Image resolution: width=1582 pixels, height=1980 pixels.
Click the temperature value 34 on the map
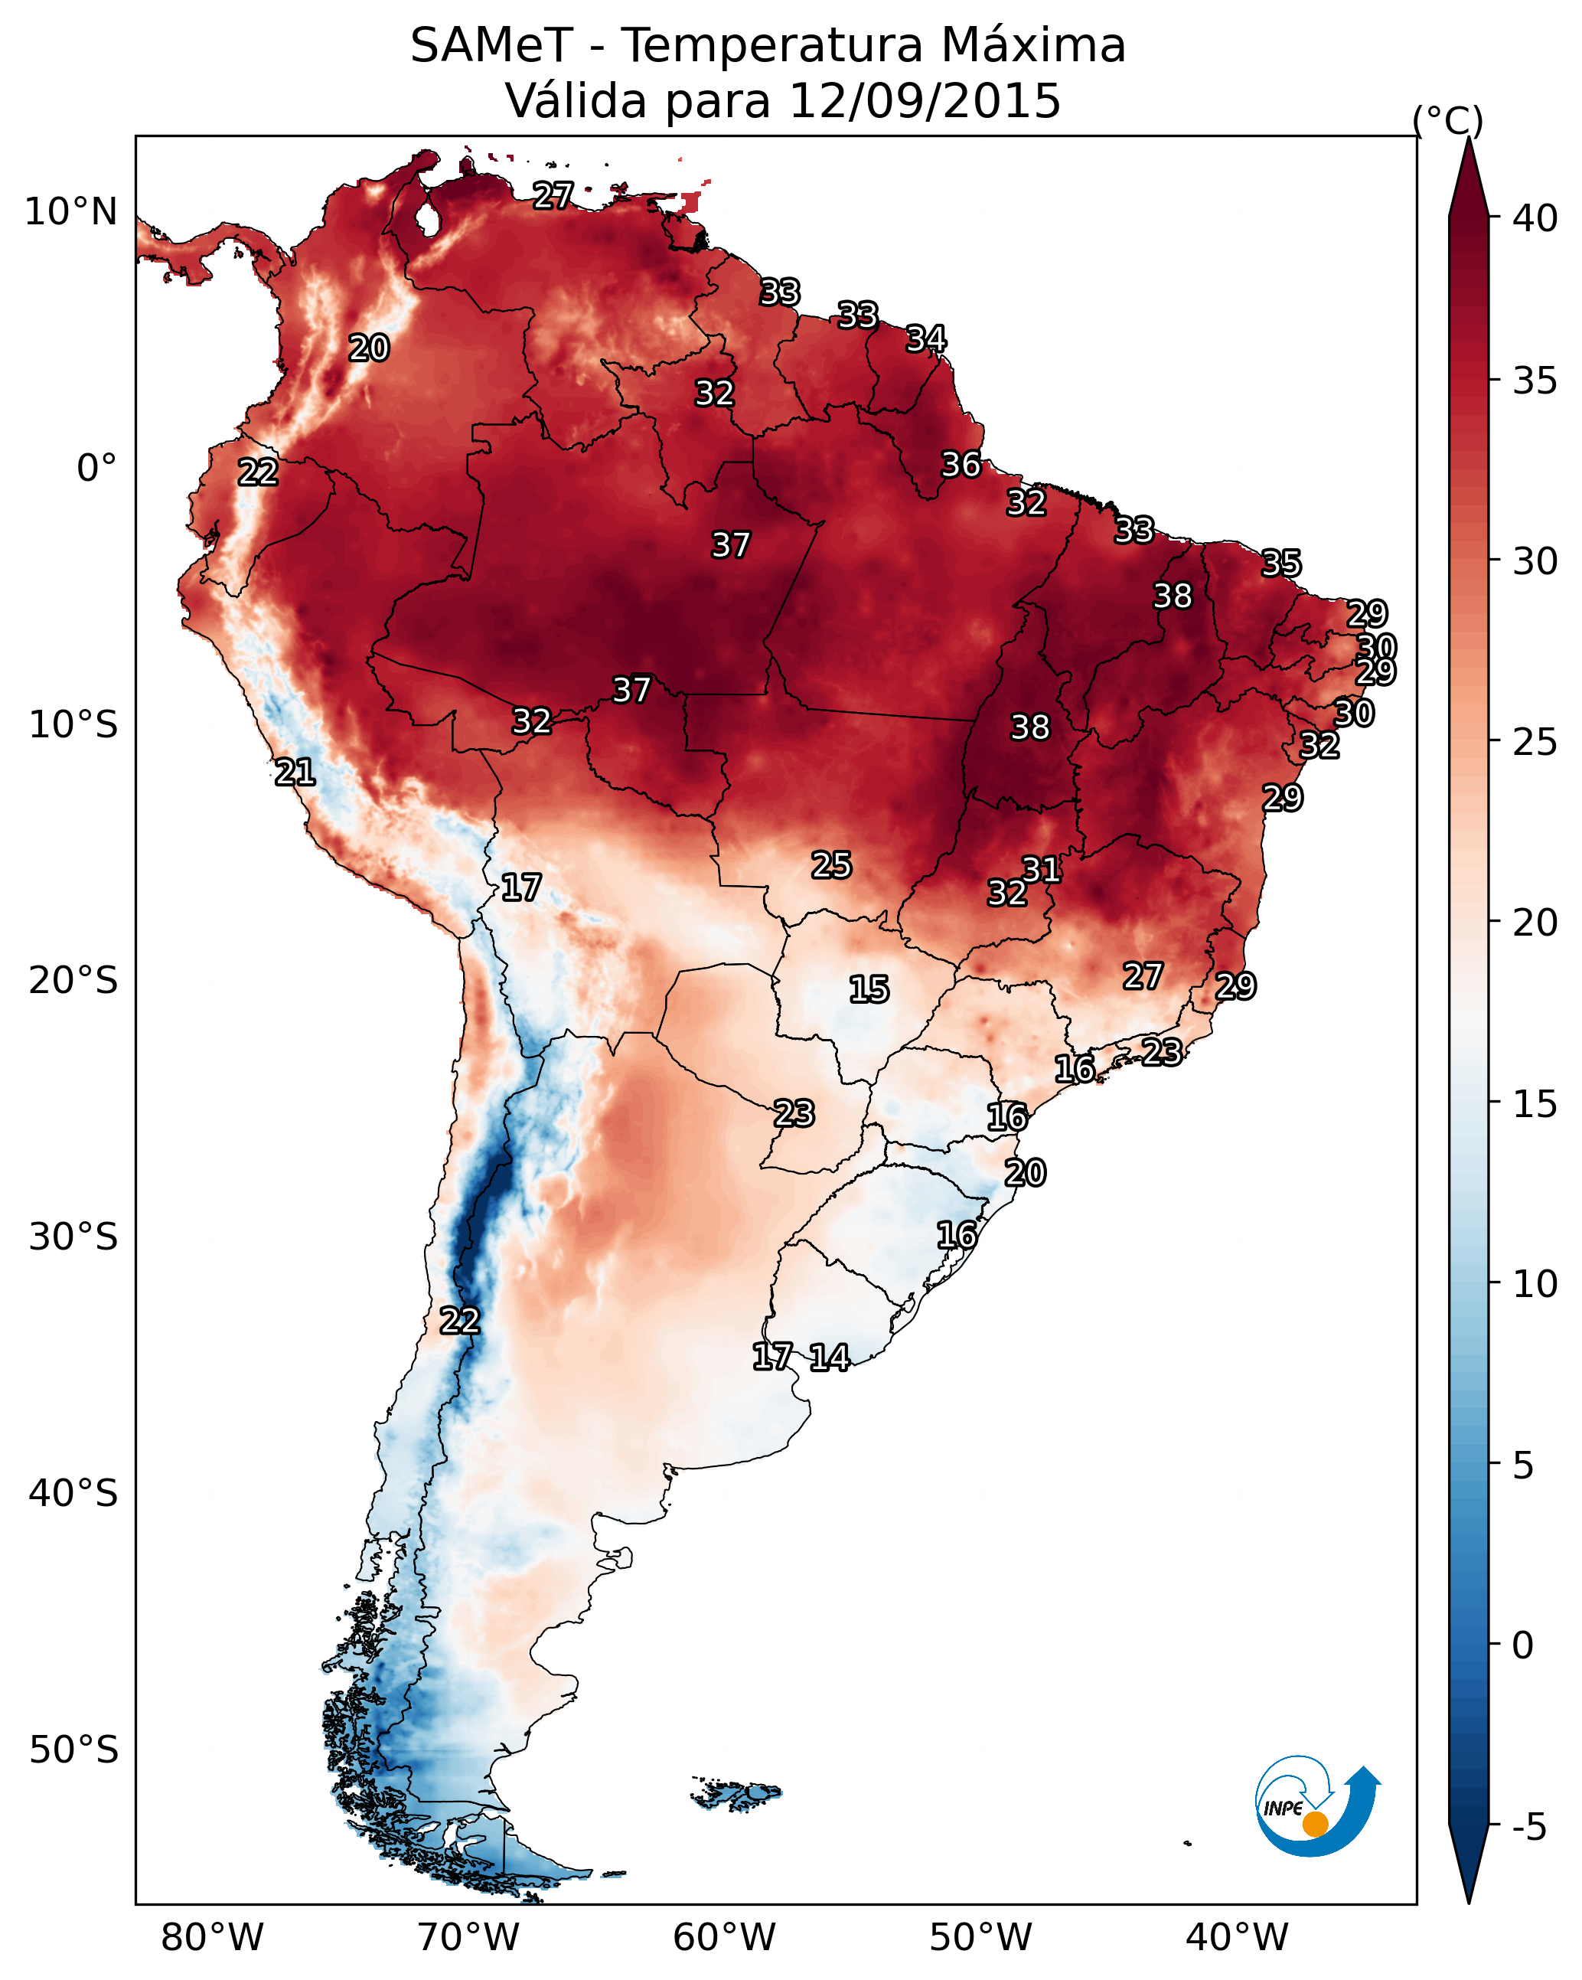coord(925,339)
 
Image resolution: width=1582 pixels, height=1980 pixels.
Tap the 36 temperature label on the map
coord(961,465)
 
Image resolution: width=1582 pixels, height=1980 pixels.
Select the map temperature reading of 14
coord(829,1358)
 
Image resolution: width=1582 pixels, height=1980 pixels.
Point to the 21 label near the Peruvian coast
coord(295,773)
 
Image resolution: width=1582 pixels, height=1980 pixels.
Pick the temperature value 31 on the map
coord(1041,869)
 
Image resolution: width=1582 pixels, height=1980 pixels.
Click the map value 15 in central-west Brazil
coord(869,989)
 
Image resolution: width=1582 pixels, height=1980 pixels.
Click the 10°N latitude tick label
coord(70,212)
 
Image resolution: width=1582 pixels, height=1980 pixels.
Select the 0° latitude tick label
coord(97,469)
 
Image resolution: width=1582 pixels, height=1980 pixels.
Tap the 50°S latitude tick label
coord(73,1750)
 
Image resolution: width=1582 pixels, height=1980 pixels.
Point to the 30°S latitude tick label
coord(73,1237)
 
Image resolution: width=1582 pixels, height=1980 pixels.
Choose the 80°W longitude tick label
coord(212,1938)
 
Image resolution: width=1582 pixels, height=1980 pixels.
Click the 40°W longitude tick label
coord(1237,1938)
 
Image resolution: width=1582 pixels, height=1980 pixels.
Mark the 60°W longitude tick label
coord(725,1938)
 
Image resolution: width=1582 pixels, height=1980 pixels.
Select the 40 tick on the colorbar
coord(1535,218)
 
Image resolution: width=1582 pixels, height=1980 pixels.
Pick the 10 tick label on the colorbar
coord(1535,1284)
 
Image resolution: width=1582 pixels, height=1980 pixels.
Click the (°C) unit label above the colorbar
coord(1448,120)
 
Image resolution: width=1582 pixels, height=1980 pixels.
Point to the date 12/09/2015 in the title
coord(925,101)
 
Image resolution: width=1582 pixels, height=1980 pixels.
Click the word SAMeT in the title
coord(491,46)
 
